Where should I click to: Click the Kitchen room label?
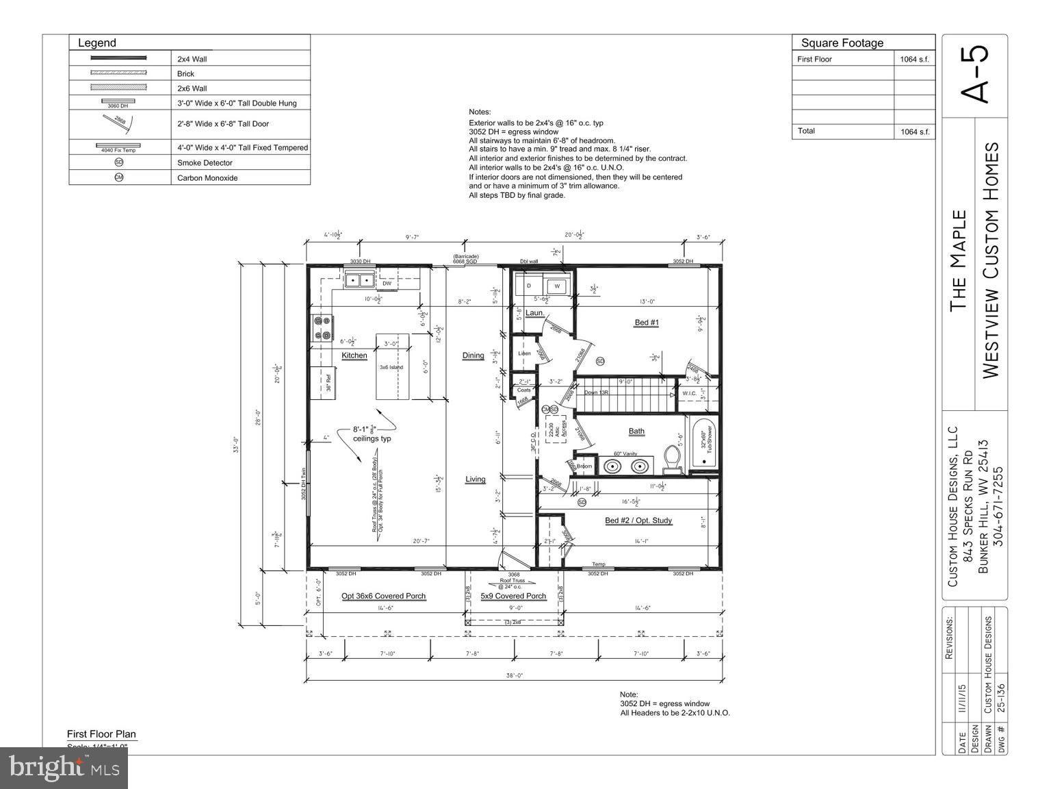click(x=354, y=355)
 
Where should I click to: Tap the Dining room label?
click(x=473, y=355)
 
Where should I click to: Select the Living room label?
click(x=475, y=479)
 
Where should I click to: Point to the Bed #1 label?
click(x=646, y=322)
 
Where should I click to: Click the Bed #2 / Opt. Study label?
click(x=638, y=521)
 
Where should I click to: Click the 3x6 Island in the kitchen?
click(x=392, y=367)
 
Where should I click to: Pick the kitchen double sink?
click(x=359, y=280)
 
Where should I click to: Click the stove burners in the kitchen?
click(x=322, y=329)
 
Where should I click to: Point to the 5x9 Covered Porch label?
click(x=513, y=596)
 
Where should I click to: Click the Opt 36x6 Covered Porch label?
click(x=383, y=596)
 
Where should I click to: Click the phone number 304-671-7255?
click(x=998, y=505)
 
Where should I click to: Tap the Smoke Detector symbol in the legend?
click(x=119, y=162)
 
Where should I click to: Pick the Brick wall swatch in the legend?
click(x=119, y=73)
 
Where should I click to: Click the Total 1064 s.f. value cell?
click(x=914, y=131)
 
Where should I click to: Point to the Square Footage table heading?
click(x=842, y=43)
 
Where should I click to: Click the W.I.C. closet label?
click(x=688, y=393)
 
